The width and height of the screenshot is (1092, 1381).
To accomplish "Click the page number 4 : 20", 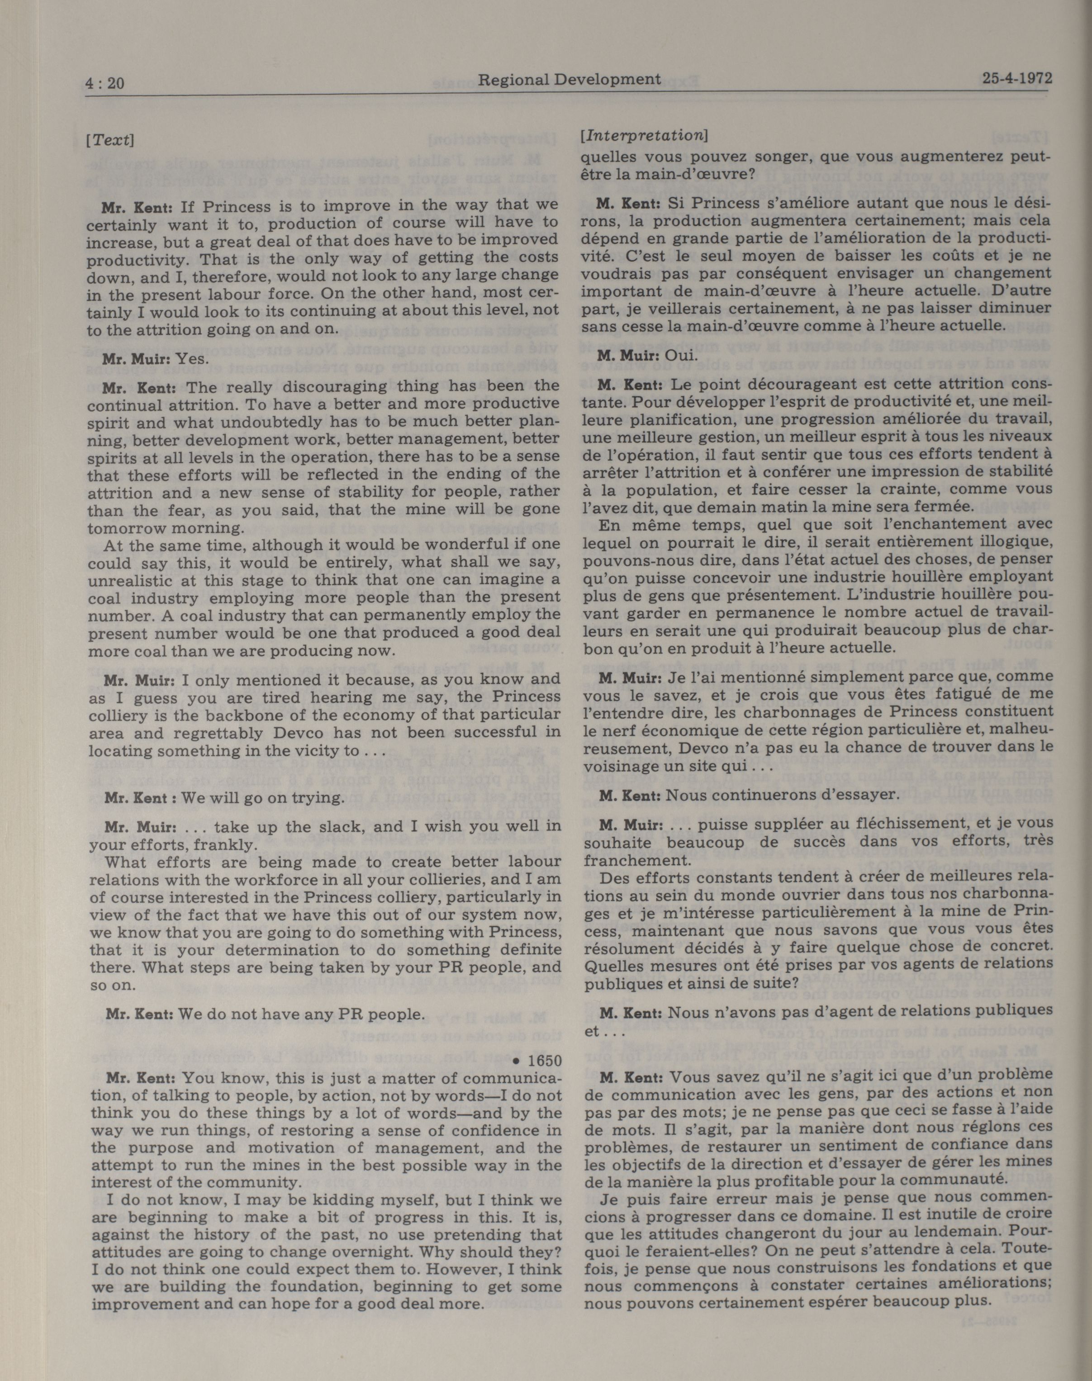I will (x=105, y=83).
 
